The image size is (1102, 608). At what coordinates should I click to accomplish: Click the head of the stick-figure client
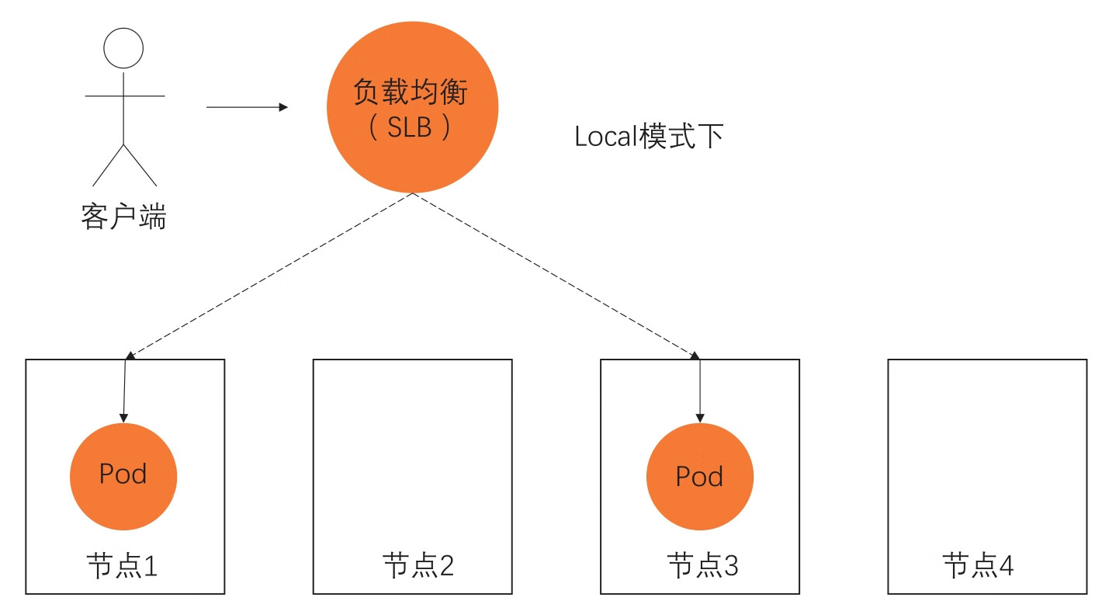123,48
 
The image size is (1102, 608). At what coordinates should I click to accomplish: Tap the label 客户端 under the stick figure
123,217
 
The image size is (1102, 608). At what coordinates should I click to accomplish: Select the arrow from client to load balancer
244,107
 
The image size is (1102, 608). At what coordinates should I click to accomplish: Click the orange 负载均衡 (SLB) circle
411,107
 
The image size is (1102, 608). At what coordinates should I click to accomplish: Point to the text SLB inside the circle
410,127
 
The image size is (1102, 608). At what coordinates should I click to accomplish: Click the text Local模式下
649,137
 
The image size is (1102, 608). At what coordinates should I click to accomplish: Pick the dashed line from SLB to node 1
268,275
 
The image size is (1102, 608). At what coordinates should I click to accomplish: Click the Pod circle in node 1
123,476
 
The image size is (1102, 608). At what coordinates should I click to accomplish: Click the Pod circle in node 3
700,476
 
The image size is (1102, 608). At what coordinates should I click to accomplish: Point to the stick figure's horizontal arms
124,96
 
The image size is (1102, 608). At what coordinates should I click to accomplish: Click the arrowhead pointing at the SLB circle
282,107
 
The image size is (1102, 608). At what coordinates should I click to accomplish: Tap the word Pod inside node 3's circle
700,476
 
